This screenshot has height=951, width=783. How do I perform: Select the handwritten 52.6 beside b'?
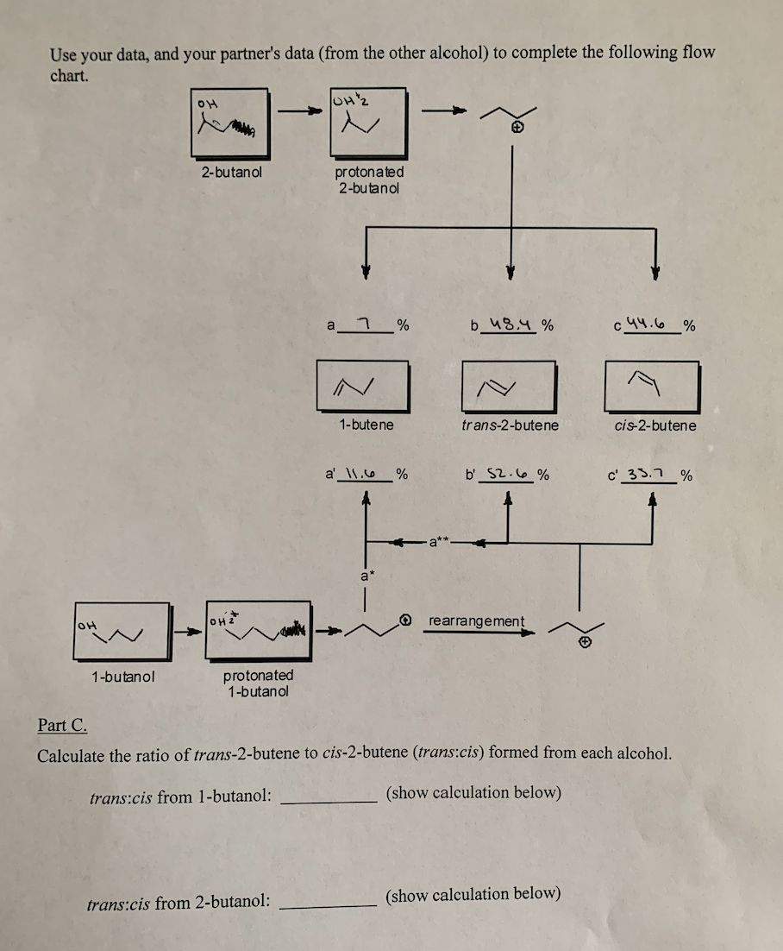(x=504, y=474)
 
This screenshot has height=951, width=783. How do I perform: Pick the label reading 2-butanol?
(x=232, y=171)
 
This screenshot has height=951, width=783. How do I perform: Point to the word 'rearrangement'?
(x=476, y=621)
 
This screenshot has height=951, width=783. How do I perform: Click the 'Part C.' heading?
(x=62, y=724)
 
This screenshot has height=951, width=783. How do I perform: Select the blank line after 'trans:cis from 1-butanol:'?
(x=329, y=799)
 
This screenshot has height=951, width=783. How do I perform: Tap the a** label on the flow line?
(x=440, y=543)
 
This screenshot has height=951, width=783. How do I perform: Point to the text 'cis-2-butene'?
(x=655, y=425)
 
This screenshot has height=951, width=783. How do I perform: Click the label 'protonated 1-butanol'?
(x=258, y=683)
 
